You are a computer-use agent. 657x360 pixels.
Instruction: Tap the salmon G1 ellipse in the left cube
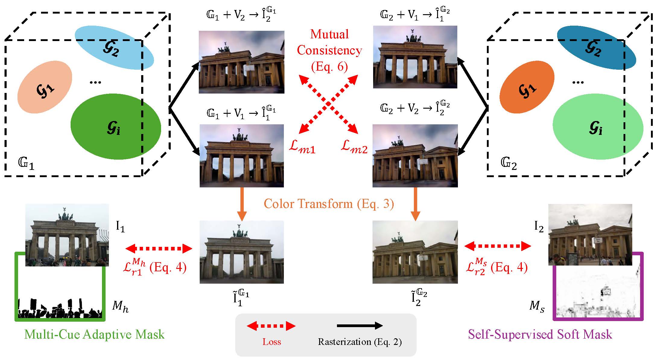[45, 87]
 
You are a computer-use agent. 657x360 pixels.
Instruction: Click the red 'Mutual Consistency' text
[329, 42]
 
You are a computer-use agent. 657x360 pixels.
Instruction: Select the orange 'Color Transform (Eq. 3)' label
[329, 204]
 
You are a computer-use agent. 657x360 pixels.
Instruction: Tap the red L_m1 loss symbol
[302, 147]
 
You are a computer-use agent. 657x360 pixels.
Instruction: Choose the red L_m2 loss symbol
[354, 147]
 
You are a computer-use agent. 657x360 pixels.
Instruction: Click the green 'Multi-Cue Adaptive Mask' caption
[94, 334]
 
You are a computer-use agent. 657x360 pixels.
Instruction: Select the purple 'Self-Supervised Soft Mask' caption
[540, 334]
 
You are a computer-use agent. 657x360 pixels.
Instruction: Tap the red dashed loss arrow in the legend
[271, 326]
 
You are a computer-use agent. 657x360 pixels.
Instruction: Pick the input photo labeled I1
[67, 235]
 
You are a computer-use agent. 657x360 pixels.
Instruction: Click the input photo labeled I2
[590, 235]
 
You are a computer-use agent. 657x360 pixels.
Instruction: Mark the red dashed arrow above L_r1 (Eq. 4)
[159, 248]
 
